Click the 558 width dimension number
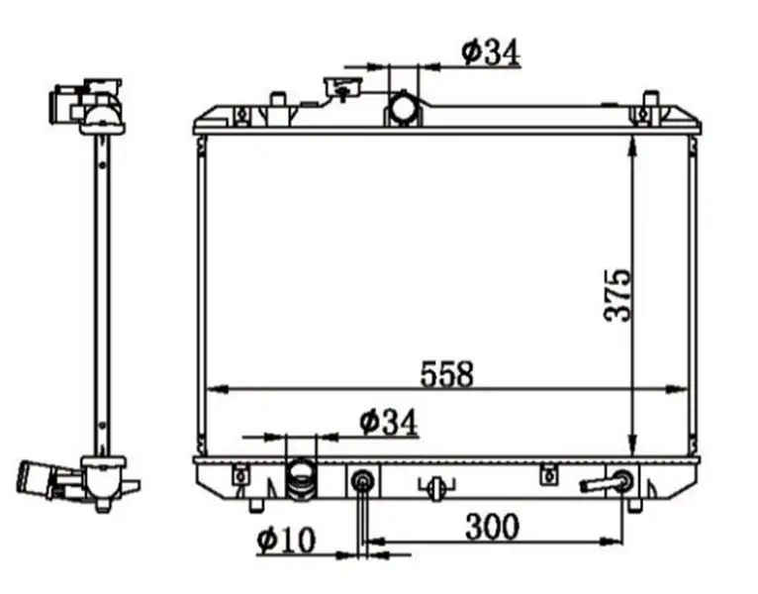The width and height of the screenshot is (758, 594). point(446,374)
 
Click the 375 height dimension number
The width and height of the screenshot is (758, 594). point(617,295)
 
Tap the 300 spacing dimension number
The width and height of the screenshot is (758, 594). point(492,527)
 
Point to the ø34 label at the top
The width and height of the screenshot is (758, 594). point(491,51)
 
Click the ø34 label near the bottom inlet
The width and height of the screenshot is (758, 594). point(388,423)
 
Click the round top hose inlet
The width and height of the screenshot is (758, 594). point(404,108)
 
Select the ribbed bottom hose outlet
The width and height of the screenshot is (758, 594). point(301,479)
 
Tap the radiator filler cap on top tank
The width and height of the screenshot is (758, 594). point(343,87)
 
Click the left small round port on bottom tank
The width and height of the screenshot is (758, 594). point(362,480)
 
